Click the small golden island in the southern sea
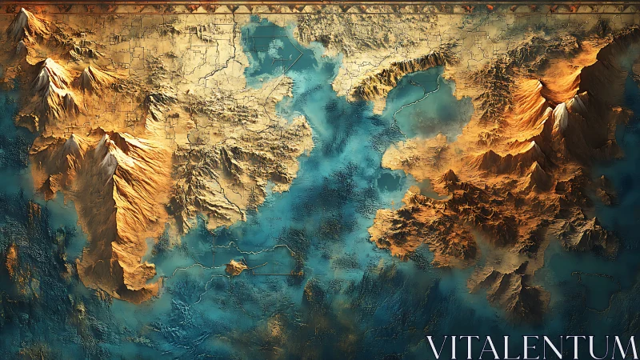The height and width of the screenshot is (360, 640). pos(235,268)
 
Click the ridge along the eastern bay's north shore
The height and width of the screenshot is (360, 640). pos(400,72)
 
